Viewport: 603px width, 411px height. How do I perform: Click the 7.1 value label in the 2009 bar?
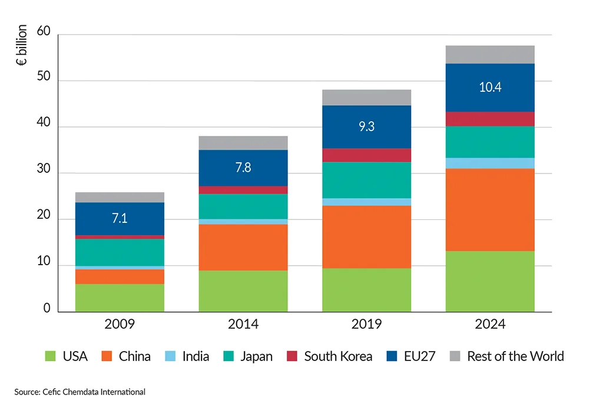pos(120,219)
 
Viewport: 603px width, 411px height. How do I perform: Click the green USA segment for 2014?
pos(243,291)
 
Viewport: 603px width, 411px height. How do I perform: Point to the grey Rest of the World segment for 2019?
pos(366,98)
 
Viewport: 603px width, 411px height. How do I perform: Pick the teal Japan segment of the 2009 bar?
pos(120,252)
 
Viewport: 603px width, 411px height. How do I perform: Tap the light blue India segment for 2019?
pos(366,202)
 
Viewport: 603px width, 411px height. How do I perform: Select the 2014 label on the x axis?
pos(243,325)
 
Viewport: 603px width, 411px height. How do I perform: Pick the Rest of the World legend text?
pos(515,356)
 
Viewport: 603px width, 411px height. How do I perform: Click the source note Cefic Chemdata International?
pos(79,392)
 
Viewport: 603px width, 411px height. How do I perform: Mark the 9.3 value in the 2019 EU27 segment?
pos(366,126)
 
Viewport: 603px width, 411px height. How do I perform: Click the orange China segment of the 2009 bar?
pos(120,276)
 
